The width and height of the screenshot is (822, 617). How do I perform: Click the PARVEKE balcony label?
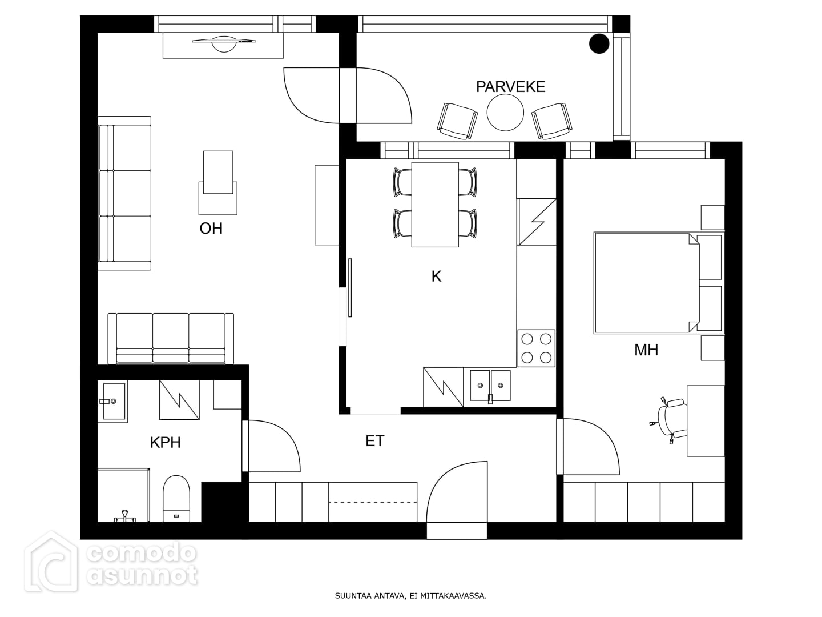510,87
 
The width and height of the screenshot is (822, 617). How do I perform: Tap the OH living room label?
211,228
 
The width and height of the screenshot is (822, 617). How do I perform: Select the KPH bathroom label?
165,442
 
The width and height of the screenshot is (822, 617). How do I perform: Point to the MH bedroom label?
646,350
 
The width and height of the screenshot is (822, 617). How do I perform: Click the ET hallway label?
375,441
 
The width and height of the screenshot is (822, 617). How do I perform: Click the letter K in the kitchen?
436,277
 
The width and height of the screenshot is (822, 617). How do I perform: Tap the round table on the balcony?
505,113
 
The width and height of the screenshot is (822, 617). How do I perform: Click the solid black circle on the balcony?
599,43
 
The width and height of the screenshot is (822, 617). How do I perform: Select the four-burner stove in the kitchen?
536,348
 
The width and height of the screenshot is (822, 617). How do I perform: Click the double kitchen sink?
490,386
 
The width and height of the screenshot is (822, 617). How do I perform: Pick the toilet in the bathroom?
176,499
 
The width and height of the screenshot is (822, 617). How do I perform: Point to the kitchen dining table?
435,205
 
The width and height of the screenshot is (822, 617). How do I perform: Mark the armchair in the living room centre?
218,183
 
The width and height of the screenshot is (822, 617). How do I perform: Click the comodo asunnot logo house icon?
51,560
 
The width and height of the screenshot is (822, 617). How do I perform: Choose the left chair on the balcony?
457,121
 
